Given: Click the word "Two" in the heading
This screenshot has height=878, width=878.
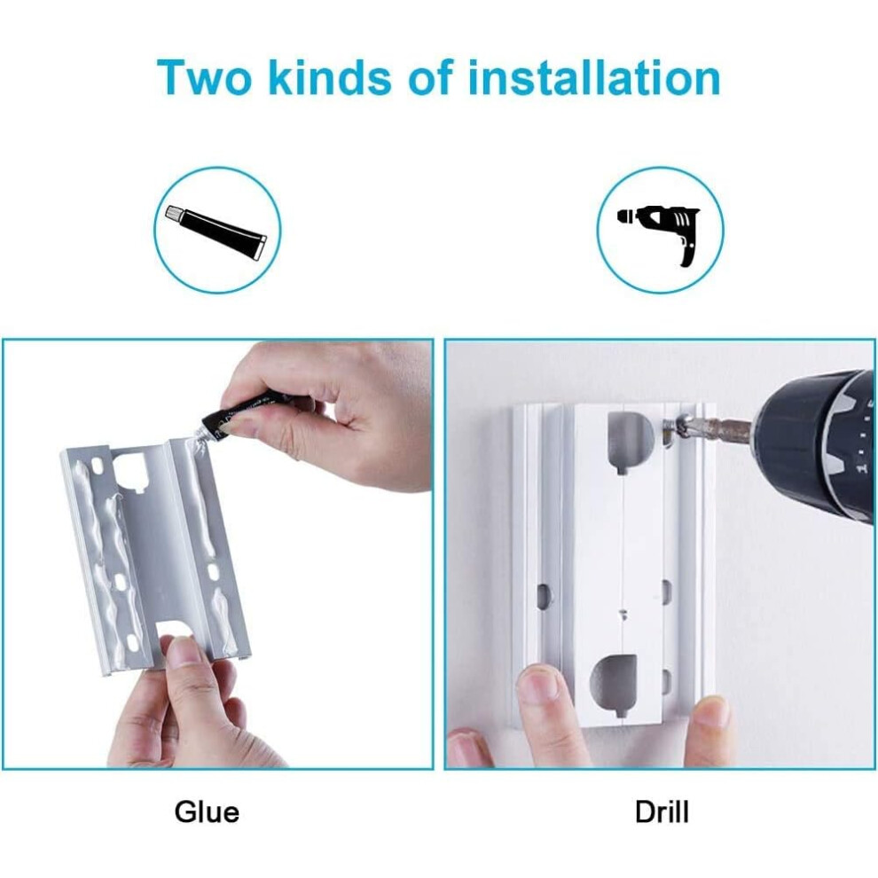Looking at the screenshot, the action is tap(204, 77).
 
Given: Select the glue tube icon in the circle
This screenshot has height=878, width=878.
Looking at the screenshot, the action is tap(216, 231).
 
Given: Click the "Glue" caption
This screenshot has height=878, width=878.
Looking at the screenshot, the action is tap(207, 811).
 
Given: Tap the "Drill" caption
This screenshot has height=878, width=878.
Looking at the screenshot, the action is tap(662, 811).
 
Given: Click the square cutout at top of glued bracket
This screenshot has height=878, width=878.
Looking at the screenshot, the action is tap(131, 469).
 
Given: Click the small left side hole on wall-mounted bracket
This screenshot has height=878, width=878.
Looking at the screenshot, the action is tap(544, 596).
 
